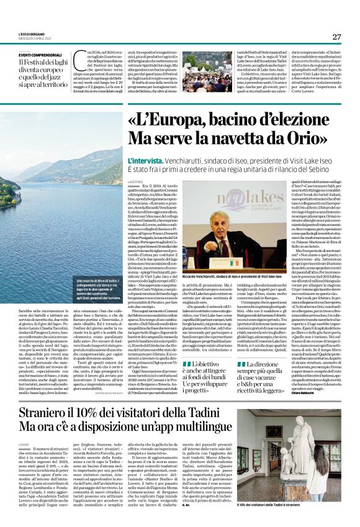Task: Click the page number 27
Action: [336, 37]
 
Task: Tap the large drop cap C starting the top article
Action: [78, 61]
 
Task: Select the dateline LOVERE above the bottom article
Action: [24, 462]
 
